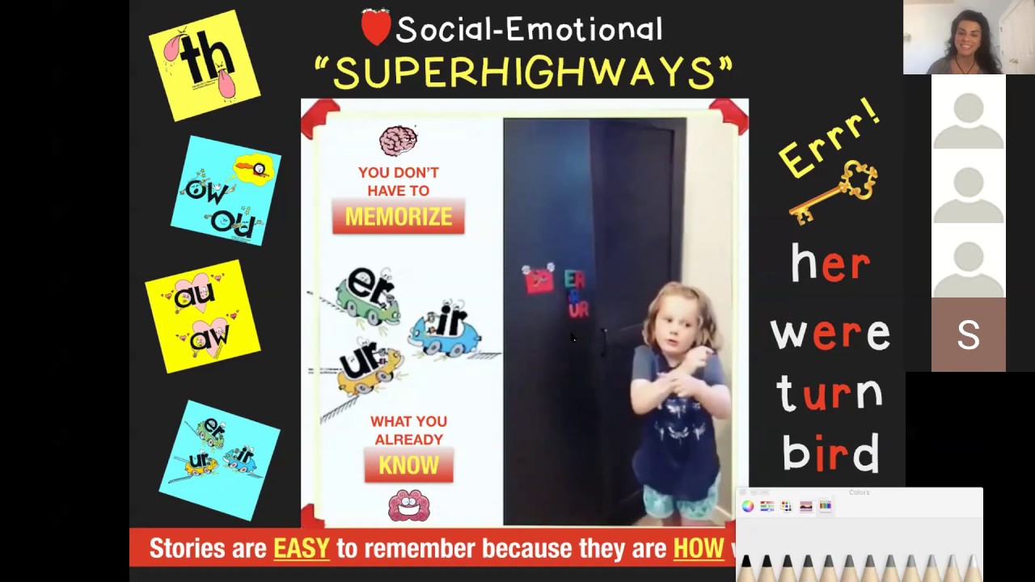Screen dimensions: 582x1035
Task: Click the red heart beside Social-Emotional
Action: point(375,28)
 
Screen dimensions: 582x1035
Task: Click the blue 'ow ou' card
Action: point(226,192)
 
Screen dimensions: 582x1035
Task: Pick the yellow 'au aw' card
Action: point(202,316)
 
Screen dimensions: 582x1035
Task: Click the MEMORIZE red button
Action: point(399,217)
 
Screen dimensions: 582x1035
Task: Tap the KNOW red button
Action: point(408,466)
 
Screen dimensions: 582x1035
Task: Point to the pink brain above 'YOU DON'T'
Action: point(398,141)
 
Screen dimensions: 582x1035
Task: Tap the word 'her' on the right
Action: point(830,264)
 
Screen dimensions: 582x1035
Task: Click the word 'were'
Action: point(830,332)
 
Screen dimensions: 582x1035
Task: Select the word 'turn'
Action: point(830,394)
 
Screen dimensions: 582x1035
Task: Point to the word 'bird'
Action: point(830,453)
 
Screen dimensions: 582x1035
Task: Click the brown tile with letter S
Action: point(968,335)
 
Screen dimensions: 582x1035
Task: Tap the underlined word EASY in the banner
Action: point(302,549)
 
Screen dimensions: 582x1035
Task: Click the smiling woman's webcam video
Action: point(969,37)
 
